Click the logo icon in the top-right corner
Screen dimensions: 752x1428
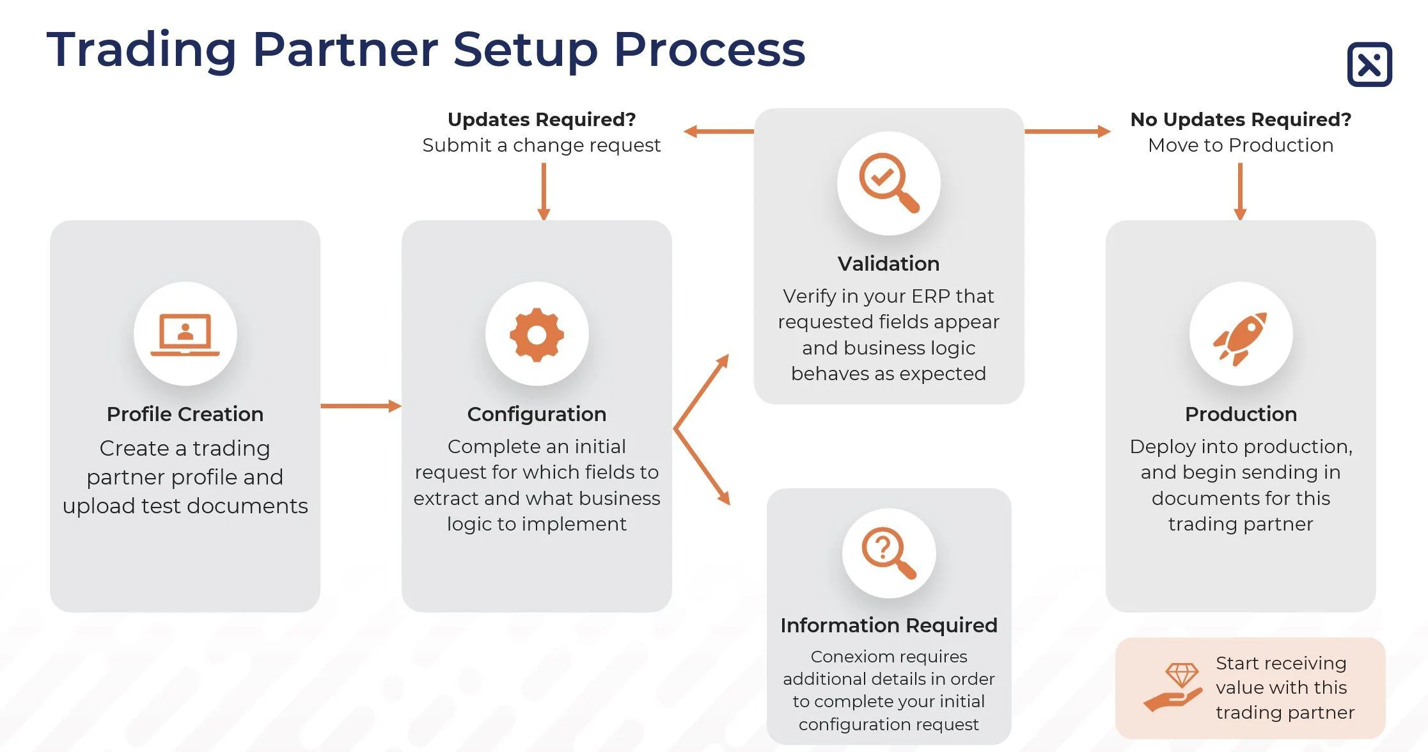click(1369, 65)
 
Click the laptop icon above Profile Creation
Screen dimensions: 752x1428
click(185, 334)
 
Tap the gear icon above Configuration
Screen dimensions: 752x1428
click(537, 334)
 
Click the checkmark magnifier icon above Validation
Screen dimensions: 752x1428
click(888, 182)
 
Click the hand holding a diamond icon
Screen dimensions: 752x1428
click(1173, 687)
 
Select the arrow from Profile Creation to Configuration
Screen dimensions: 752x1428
click(360, 406)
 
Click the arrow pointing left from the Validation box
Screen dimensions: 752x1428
click(718, 132)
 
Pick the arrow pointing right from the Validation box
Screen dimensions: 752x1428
click(1067, 132)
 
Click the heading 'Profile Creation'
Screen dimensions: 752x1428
click(185, 414)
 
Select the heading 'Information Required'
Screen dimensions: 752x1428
click(888, 625)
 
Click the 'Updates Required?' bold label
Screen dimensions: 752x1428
click(542, 120)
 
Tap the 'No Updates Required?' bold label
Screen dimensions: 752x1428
click(1241, 120)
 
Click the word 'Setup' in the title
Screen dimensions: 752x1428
click(525, 50)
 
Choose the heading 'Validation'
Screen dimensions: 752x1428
click(888, 264)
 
